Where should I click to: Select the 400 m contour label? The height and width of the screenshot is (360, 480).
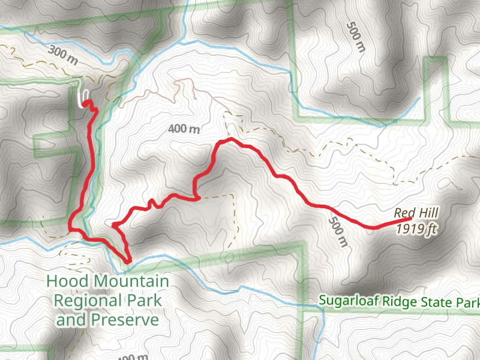tap(184, 128)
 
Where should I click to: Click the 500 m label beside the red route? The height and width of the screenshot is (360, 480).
tap(338, 232)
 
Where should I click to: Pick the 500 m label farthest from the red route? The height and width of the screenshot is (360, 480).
tap(355, 37)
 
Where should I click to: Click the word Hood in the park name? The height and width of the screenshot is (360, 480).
tap(67, 281)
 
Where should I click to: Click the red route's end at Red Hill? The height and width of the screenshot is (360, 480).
tap(410, 218)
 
